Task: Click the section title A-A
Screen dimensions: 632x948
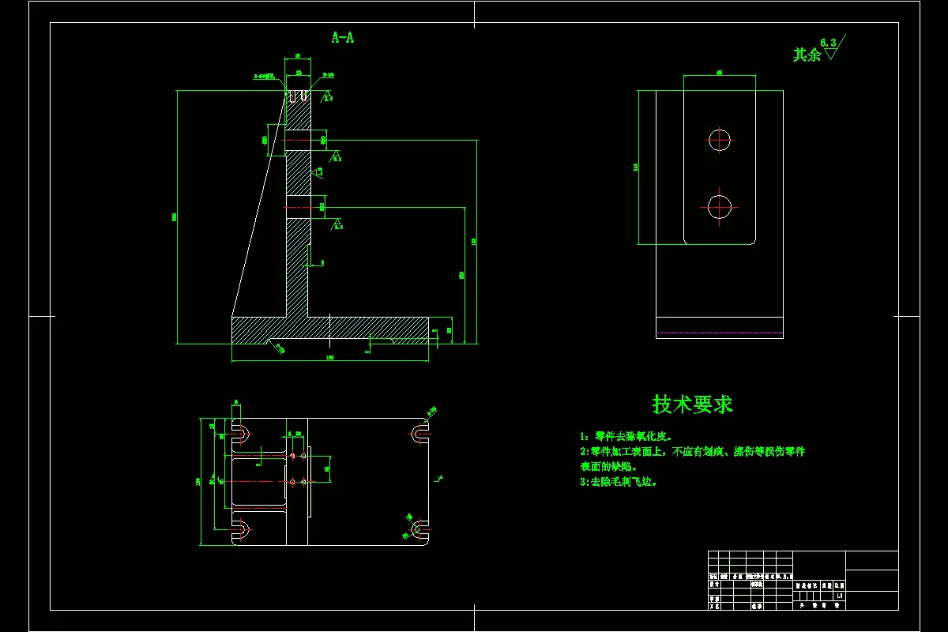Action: tap(342, 37)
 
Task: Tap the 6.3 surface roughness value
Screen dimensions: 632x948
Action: tap(828, 42)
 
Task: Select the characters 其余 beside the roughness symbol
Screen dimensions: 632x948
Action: tap(807, 55)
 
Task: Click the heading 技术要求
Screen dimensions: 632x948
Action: tap(693, 404)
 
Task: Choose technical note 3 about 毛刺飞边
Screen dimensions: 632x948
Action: tap(619, 481)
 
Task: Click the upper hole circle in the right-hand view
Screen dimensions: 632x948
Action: tap(720, 140)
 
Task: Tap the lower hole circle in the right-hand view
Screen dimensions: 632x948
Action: tap(720, 207)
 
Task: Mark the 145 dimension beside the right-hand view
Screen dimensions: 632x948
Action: tap(636, 167)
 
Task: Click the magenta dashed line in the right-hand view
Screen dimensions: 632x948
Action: tap(720, 333)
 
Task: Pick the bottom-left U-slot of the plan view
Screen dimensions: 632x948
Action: tap(241, 529)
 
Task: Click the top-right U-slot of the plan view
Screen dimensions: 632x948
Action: tap(419, 433)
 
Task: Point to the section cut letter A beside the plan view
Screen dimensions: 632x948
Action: tap(440, 476)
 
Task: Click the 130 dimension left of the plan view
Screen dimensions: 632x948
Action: tap(199, 481)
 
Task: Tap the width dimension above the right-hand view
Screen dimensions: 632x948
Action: tap(720, 72)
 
